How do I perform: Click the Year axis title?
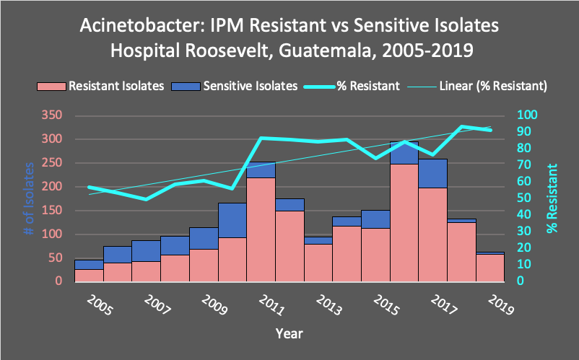[x=289, y=334]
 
